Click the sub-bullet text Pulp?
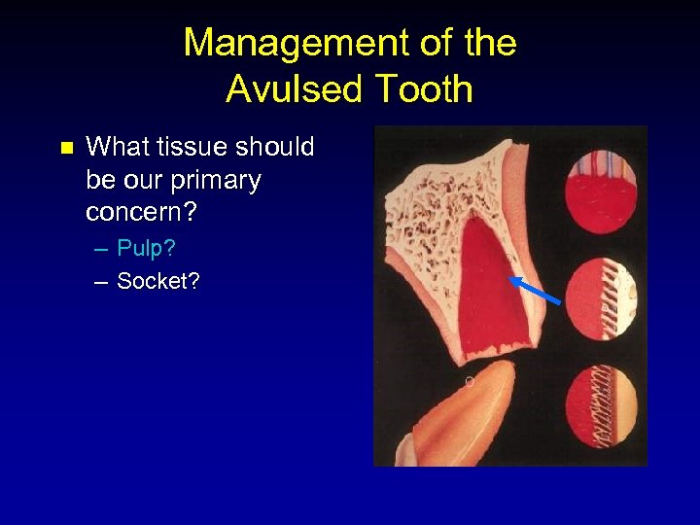(x=146, y=249)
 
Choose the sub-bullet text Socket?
(x=157, y=282)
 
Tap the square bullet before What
(x=66, y=149)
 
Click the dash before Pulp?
(x=102, y=250)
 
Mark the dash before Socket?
(x=102, y=283)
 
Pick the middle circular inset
(x=601, y=297)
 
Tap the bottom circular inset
(x=601, y=407)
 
